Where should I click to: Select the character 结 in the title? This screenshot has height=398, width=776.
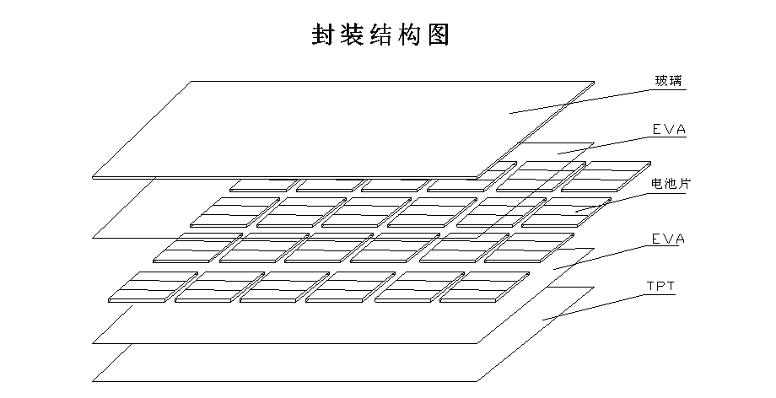coord(377,35)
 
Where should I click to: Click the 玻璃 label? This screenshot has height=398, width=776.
coord(670,82)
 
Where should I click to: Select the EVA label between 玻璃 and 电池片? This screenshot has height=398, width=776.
coord(669,130)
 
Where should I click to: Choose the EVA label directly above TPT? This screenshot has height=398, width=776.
coord(669,239)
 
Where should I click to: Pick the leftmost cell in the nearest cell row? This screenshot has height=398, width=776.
coord(142,287)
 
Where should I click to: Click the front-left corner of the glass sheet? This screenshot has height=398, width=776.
coord(92,177)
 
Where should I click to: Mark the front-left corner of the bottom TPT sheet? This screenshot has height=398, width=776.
coord(93,381)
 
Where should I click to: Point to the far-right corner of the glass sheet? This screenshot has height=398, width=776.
coord(594,83)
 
